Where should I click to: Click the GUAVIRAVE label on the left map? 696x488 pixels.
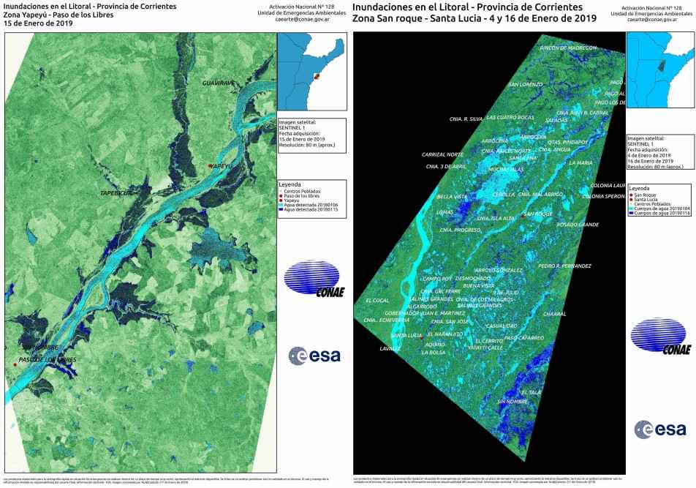(x=219, y=83)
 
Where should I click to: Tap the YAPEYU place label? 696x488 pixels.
(x=222, y=166)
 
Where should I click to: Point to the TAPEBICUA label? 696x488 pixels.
(x=116, y=193)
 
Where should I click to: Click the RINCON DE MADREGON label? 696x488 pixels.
(x=567, y=48)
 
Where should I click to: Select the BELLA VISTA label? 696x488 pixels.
(x=452, y=197)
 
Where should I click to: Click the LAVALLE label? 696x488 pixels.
(x=390, y=349)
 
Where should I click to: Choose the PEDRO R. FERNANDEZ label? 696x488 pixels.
(x=564, y=266)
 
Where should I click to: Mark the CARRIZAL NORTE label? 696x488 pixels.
(x=442, y=154)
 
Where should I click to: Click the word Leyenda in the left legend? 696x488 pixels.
(x=290, y=184)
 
